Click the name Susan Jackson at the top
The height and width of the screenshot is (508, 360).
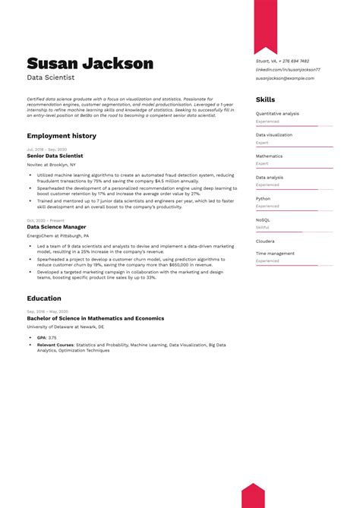coord(90,64)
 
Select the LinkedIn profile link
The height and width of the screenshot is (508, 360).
coord(288,69)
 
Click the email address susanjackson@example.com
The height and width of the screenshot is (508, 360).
coord(284,77)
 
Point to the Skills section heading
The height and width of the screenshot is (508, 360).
coord(265,99)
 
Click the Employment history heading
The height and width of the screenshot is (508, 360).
coord(62,135)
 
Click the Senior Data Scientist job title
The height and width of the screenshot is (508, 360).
coord(55,155)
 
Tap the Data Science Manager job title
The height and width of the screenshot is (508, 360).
coord(56,226)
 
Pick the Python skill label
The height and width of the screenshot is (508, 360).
coord(263,198)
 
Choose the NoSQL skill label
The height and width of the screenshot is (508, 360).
coord(263,219)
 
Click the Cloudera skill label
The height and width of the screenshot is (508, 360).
coord(266,241)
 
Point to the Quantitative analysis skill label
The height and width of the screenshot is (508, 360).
coord(277,114)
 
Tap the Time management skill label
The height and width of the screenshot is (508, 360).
coord(275,254)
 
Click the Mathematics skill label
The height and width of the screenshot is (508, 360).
coord(269,156)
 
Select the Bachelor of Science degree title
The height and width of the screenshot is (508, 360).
coord(95,318)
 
